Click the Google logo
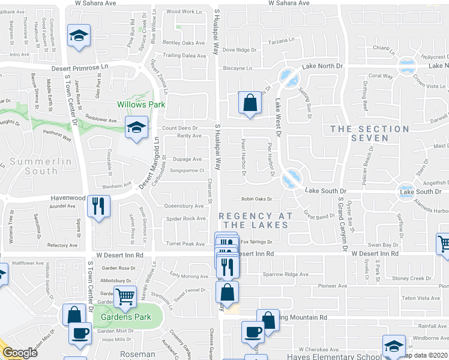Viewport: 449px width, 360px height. pos(20,353)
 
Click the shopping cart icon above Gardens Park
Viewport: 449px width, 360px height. pos(124,295)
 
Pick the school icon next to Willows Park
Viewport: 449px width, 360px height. pos(137,127)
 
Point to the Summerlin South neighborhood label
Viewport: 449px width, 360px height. pos(41,166)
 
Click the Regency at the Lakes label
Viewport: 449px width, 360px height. pos(256,220)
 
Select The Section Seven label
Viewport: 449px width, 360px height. pos(370,133)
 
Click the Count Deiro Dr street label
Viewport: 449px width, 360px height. pos(180,128)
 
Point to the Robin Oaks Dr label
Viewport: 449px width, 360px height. pos(257,199)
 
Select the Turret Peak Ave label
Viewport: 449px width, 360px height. pos(185,244)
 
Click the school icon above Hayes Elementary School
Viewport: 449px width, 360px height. pos(394,346)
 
